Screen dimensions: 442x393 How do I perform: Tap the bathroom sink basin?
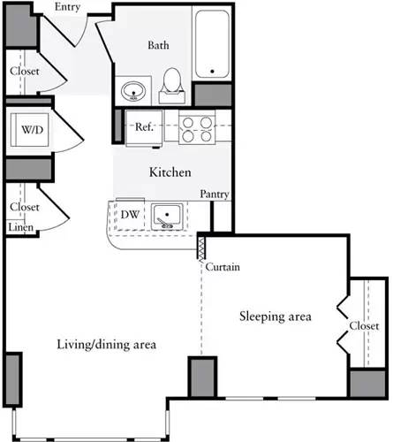pos(135,89)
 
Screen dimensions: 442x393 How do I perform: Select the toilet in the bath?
pos(171,85)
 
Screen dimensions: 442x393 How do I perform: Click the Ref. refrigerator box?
pos(145,127)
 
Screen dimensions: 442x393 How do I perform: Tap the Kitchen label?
pos(170,172)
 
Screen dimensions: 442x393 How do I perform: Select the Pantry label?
pos(215,194)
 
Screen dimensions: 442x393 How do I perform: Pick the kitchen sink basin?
pos(168,216)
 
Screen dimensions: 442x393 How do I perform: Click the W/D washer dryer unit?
pos(33,131)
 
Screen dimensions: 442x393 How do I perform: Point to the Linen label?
pos(20,228)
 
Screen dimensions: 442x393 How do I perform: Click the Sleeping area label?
pos(273,316)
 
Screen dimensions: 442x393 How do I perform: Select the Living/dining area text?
pos(106,344)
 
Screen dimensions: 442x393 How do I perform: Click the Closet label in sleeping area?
pos(364,325)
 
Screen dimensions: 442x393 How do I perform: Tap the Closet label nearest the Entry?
pos(25,71)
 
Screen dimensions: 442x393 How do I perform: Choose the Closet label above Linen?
pos(25,207)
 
